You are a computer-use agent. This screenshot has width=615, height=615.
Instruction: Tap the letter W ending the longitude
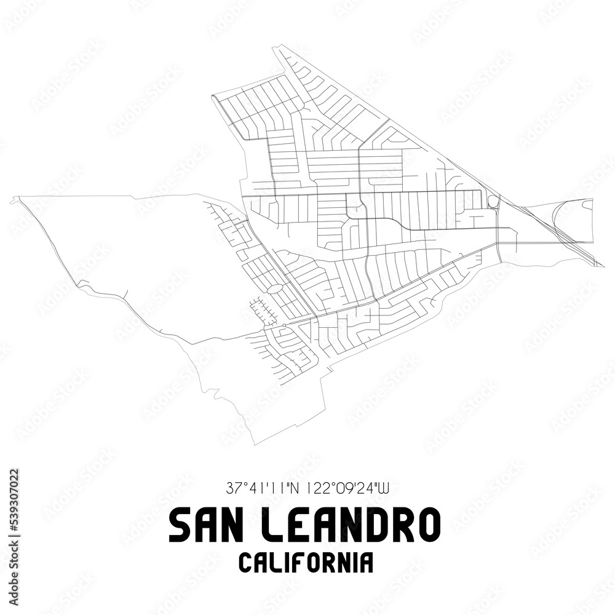click(384, 490)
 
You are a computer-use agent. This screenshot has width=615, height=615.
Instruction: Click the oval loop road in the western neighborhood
click(274, 288)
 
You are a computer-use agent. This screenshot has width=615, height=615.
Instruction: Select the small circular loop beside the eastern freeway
click(493, 201)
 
